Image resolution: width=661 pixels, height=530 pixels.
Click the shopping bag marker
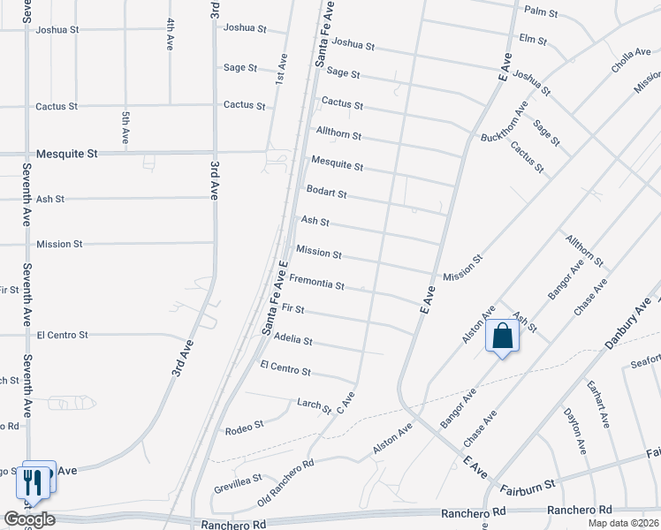[x=502, y=337]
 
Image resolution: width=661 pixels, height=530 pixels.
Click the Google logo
[x=29, y=519]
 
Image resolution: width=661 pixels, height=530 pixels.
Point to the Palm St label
[x=541, y=12]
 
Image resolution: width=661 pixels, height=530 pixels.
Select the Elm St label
[x=533, y=40]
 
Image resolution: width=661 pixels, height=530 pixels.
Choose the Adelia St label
[x=293, y=338]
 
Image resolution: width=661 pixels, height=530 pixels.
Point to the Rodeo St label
[x=246, y=425]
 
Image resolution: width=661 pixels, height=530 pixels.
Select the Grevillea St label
[x=238, y=483]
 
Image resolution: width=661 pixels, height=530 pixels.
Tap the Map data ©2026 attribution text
[x=624, y=523]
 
